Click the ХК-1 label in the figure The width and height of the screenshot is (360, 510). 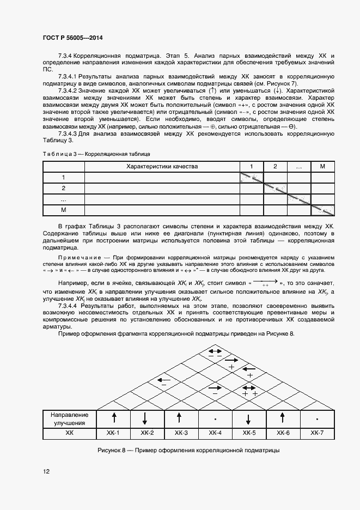(114, 433)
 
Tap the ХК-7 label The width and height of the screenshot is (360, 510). (316, 433)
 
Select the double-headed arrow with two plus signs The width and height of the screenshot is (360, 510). (249, 386)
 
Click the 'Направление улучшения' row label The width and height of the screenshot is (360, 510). (69, 418)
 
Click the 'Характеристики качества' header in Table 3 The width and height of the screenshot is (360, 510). (162, 166)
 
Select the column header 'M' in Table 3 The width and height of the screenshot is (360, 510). (322, 166)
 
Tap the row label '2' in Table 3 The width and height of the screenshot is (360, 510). (64, 188)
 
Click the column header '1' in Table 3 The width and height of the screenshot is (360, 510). (251, 166)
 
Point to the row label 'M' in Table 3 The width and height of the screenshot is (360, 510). (64, 210)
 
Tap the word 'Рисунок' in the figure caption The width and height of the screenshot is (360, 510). (110, 451)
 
